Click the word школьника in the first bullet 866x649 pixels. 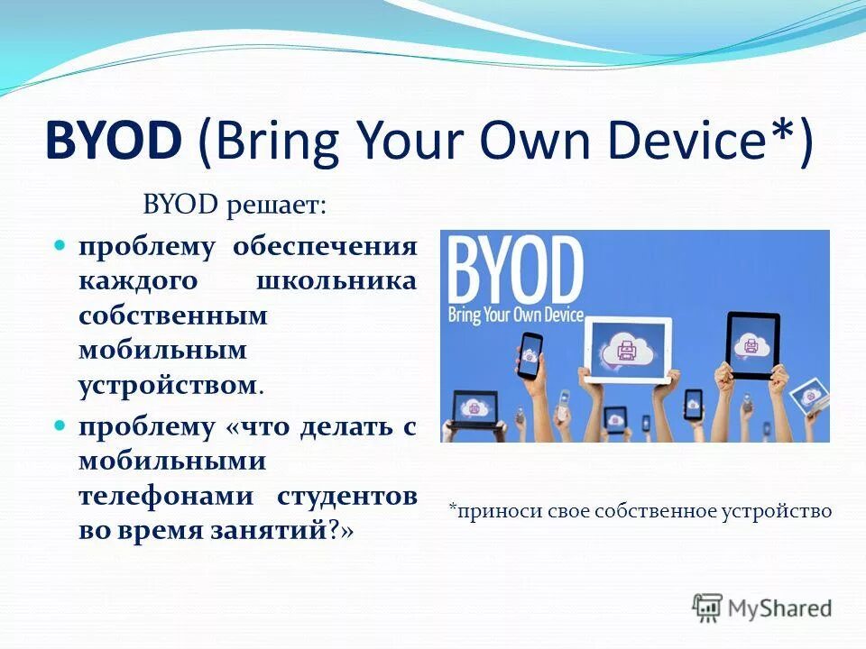(336, 281)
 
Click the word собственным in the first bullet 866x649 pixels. (173, 316)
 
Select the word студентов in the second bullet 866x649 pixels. (346, 497)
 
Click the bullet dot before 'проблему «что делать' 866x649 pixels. (60, 425)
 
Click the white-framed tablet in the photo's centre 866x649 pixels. (628, 346)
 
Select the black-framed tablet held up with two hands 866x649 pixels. (752, 345)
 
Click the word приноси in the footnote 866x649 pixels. (485, 512)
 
